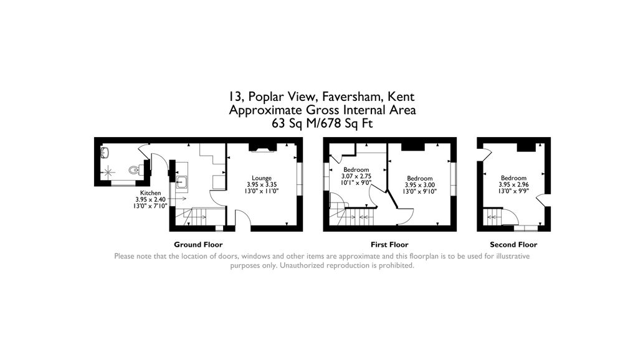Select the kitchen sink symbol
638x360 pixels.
click(x=182, y=182)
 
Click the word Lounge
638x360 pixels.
click(x=261, y=178)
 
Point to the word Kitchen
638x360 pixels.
click(x=150, y=192)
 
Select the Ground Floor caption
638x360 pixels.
click(x=198, y=245)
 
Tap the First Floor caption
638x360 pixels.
click(x=389, y=245)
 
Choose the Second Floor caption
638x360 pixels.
click(x=513, y=245)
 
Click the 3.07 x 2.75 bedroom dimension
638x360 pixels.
click(x=356, y=176)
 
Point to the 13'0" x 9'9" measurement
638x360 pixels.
click(x=513, y=191)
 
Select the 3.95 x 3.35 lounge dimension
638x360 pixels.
click(x=261, y=184)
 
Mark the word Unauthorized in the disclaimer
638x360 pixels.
click(x=303, y=265)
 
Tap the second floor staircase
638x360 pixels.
click(x=493, y=217)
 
